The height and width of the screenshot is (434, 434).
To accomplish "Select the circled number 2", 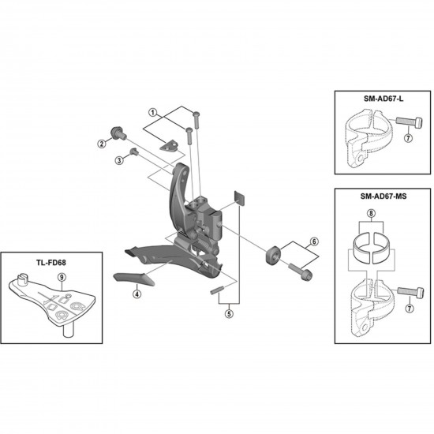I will click(x=102, y=144).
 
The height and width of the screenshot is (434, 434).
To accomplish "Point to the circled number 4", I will click(x=137, y=294).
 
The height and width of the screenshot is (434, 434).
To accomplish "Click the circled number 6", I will click(x=313, y=241).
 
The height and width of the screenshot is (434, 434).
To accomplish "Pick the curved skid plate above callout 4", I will click(x=132, y=278).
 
